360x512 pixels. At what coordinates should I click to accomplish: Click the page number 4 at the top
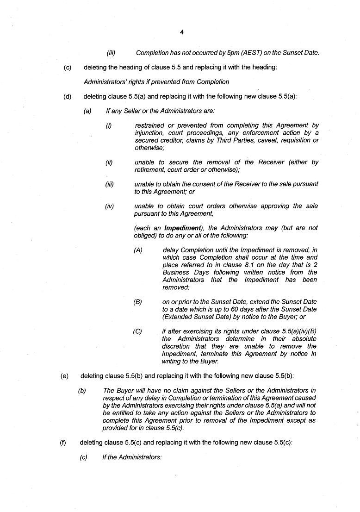181,32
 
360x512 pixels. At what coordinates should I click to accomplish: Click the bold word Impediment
182,228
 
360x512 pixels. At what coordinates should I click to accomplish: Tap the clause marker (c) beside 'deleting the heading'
68,67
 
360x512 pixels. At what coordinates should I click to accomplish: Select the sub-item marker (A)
138,250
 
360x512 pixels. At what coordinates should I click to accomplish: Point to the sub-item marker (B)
138,302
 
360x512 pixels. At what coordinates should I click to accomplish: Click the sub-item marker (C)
138,331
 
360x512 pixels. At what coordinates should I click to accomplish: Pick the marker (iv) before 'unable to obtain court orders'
109,206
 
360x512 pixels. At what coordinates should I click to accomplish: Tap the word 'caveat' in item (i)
261,140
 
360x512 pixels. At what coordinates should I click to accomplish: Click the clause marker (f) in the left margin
63,442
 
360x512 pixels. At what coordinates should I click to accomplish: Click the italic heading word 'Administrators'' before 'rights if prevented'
105,82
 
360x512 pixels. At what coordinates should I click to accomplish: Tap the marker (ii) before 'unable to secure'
109,162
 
